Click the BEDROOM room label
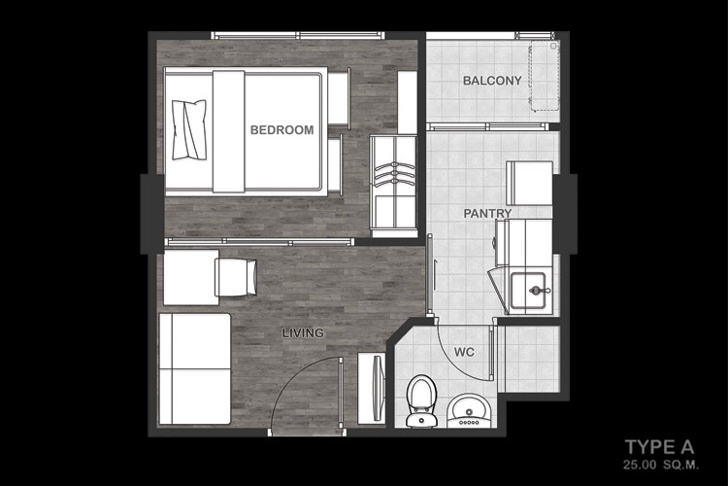(281, 129)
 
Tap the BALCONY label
(492, 81)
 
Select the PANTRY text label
(487, 214)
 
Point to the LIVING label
(303, 333)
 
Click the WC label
(464, 352)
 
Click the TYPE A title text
(660, 447)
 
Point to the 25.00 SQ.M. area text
(661, 465)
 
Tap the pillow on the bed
(189, 130)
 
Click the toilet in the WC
(421, 400)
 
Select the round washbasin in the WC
(469, 410)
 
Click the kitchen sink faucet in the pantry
(538, 291)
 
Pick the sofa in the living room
(194, 368)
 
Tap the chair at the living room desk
(236, 277)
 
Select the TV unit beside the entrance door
(372, 388)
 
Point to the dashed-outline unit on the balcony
(546, 76)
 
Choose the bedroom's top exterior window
(298, 35)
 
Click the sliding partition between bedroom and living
(260, 241)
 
